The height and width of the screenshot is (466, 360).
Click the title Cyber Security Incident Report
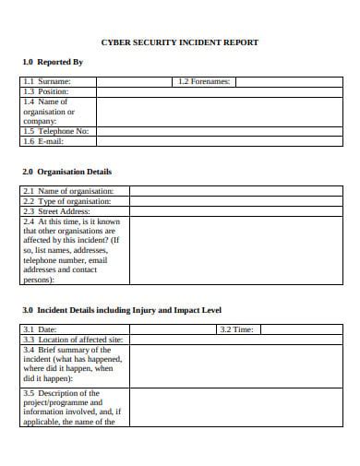pos(179,42)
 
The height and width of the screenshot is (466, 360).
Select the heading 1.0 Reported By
pos(52,62)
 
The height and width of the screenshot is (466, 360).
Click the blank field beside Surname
pos(135,82)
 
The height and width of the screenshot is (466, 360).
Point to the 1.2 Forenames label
pos(205,82)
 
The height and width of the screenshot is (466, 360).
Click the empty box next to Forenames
pos(288,82)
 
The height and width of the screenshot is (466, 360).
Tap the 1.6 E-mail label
pos(46,140)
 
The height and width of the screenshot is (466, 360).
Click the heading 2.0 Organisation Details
pos(66,172)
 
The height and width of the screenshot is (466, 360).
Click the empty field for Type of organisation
pos(235,201)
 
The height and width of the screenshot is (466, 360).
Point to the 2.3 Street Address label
pos(56,211)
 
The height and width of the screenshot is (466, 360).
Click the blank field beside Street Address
pos(235,211)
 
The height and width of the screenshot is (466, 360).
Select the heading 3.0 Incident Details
pos(121,309)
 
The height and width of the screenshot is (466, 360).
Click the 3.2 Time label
pos(236,329)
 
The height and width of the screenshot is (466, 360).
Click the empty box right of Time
pos(301,329)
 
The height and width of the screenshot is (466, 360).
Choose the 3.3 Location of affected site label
pos(72,340)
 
